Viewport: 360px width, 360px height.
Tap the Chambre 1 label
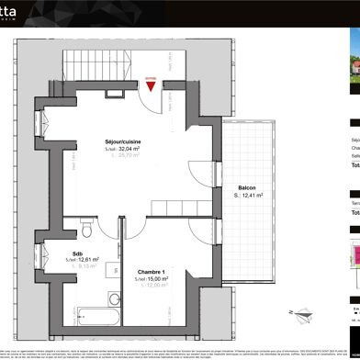click(x=150, y=271)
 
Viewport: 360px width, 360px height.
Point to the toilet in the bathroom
click(x=84, y=226)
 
